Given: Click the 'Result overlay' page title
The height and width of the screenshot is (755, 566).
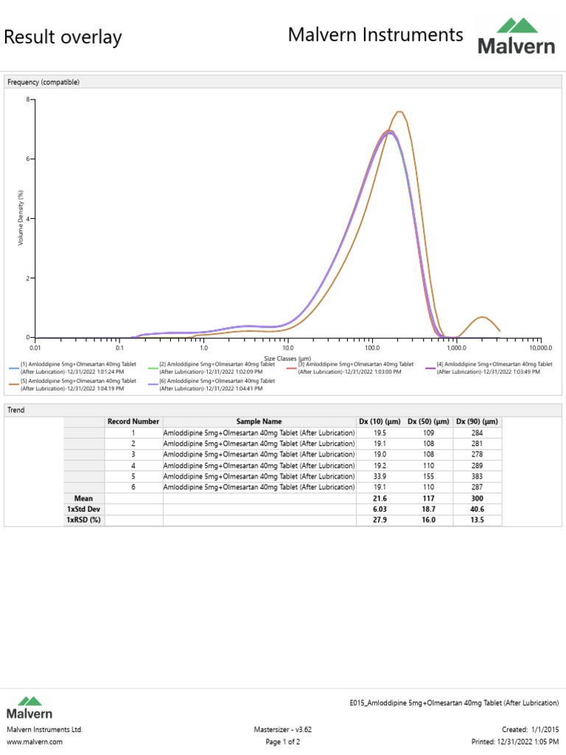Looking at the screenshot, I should click(x=63, y=37).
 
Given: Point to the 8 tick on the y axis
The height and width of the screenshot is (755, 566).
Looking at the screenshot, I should click(x=27, y=100).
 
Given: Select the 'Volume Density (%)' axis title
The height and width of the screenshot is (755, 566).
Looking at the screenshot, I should click(x=21, y=218).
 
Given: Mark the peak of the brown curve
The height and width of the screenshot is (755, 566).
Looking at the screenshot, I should click(x=399, y=112).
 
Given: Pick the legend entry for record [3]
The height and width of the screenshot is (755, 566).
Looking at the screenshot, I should click(x=349, y=368).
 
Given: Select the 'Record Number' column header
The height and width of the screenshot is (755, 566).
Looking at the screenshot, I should click(x=133, y=421).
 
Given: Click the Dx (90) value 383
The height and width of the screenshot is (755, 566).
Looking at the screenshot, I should click(x=478, y=476).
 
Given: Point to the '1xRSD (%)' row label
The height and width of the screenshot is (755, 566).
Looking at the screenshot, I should click(x=83, y=521).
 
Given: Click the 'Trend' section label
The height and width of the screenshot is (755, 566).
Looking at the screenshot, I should click(x=16, y=409).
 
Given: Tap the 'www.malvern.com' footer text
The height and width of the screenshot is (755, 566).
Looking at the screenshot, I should click(x=35, y=742).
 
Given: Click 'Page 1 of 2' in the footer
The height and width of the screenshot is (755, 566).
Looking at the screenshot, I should click(x=282, y=742).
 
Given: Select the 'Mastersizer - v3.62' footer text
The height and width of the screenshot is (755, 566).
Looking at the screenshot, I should click(x=282, y=729).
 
